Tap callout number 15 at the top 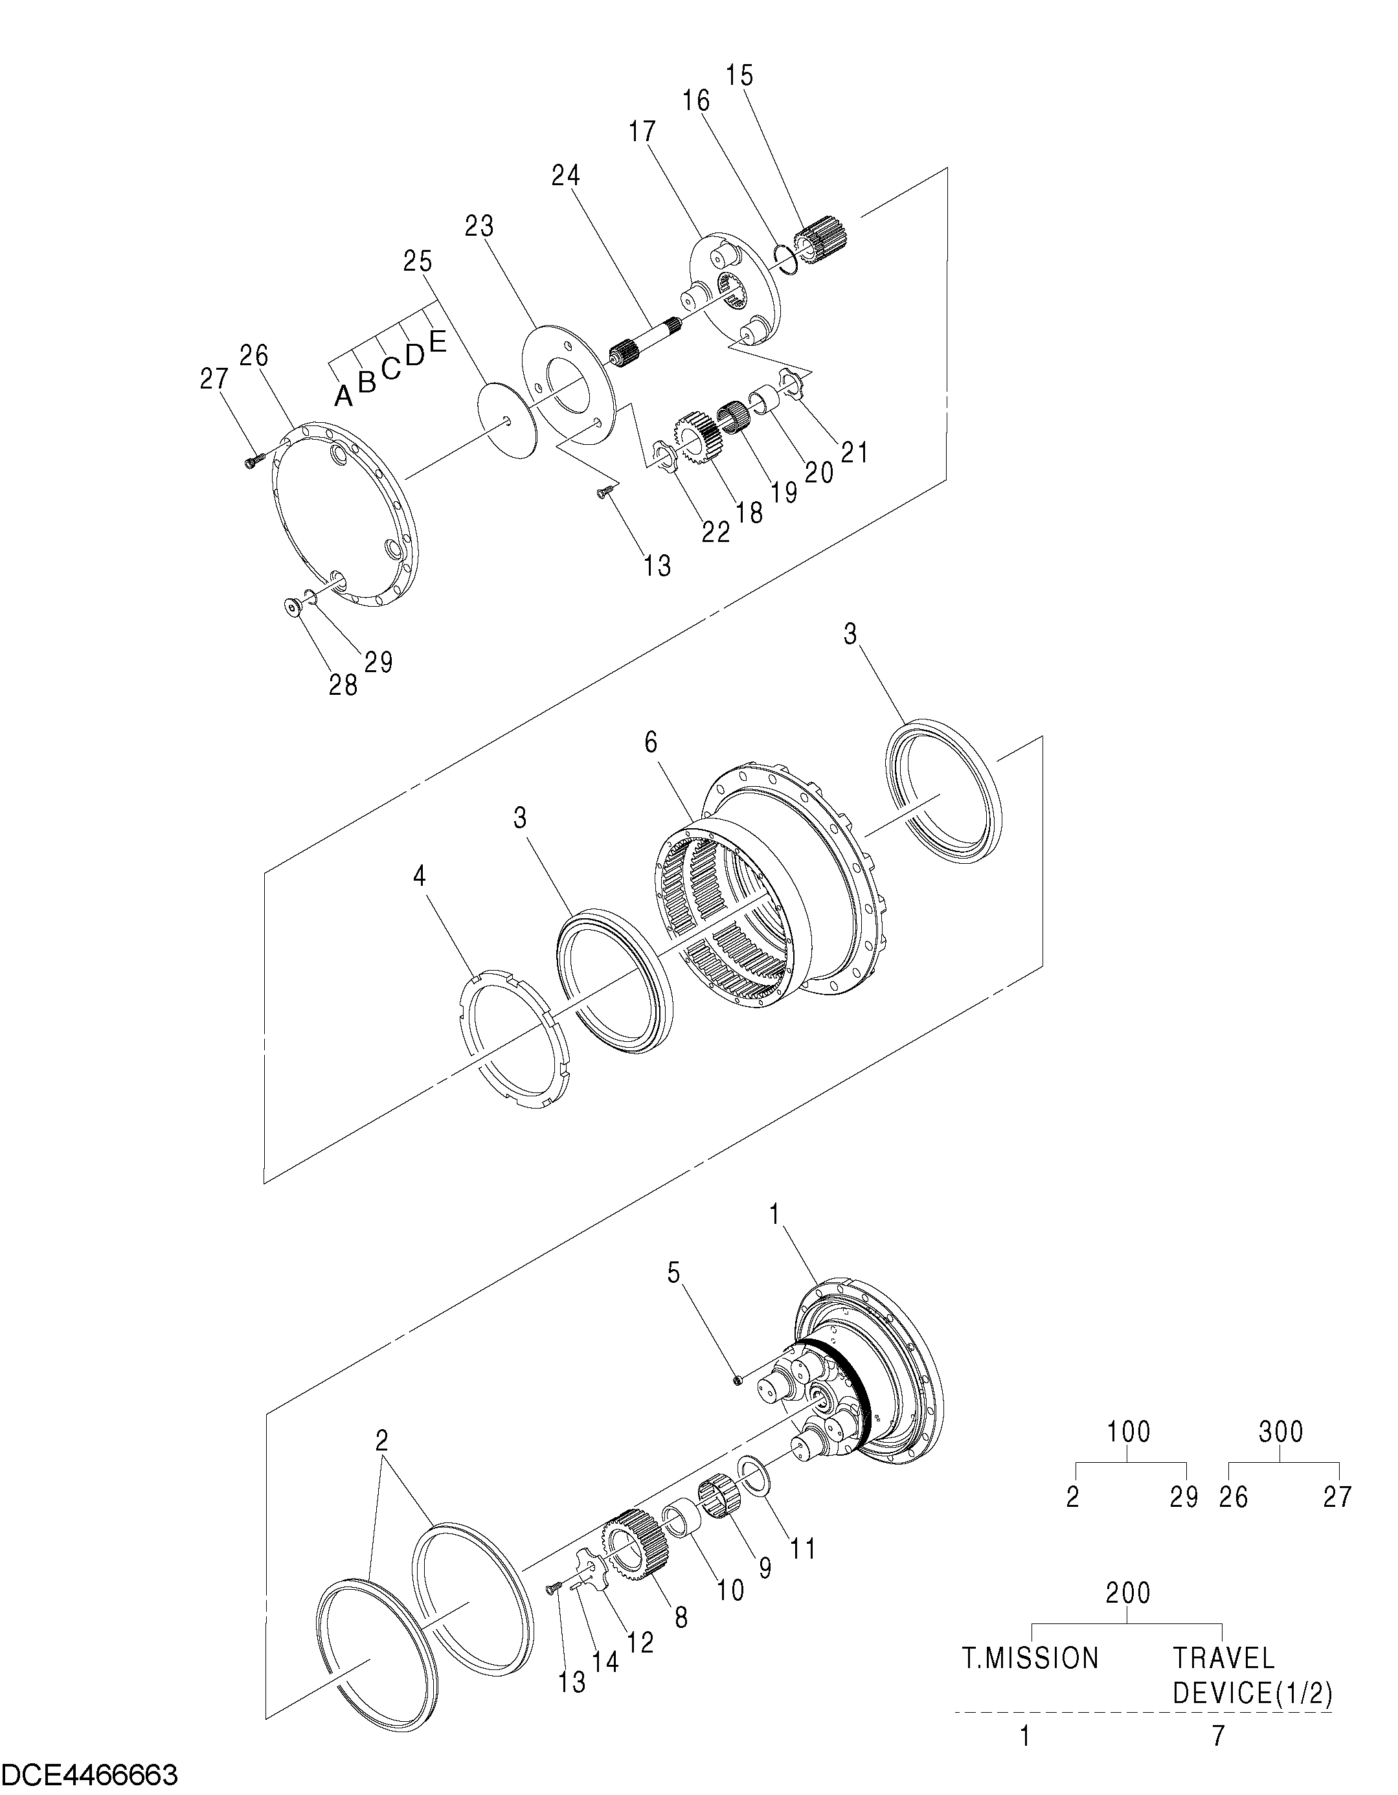(x=739, y=76)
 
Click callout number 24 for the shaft (x=565, y=176)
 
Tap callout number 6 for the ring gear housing (x=651, y=743)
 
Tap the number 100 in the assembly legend (x=1129, y=1432)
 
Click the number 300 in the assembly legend (x=1280, y=1432)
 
